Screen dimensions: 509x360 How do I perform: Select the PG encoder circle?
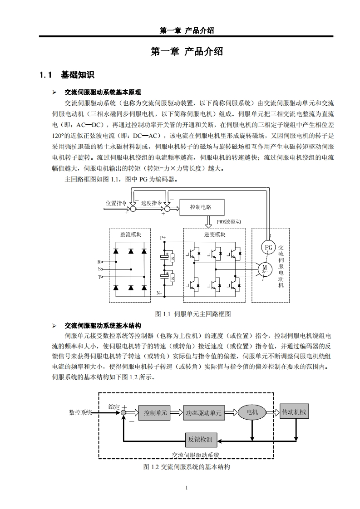coord(269,247)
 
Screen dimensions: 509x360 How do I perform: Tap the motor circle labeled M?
coord(264,269)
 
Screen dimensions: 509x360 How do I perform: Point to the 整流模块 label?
coord(131,235)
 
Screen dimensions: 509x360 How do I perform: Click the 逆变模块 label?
coord(214,235)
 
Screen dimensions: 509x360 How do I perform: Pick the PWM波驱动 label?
coord(228,221)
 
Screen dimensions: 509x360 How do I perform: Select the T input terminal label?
coord(99,276)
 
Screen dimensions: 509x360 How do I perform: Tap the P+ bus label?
coord(163,237)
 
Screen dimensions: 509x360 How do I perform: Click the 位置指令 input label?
coord(116,203)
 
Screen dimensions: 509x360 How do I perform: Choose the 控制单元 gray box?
coord(155,413)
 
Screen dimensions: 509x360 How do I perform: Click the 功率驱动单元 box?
coord(204,413)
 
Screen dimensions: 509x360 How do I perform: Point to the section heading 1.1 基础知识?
coord(67,75)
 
